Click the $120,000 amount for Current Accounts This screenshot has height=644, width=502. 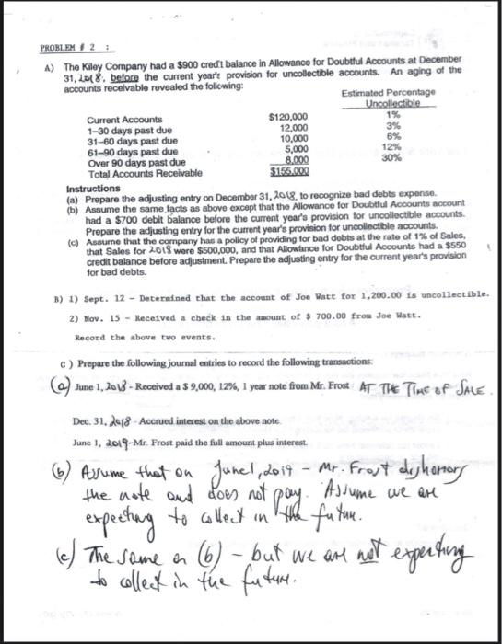click(286, 118)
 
